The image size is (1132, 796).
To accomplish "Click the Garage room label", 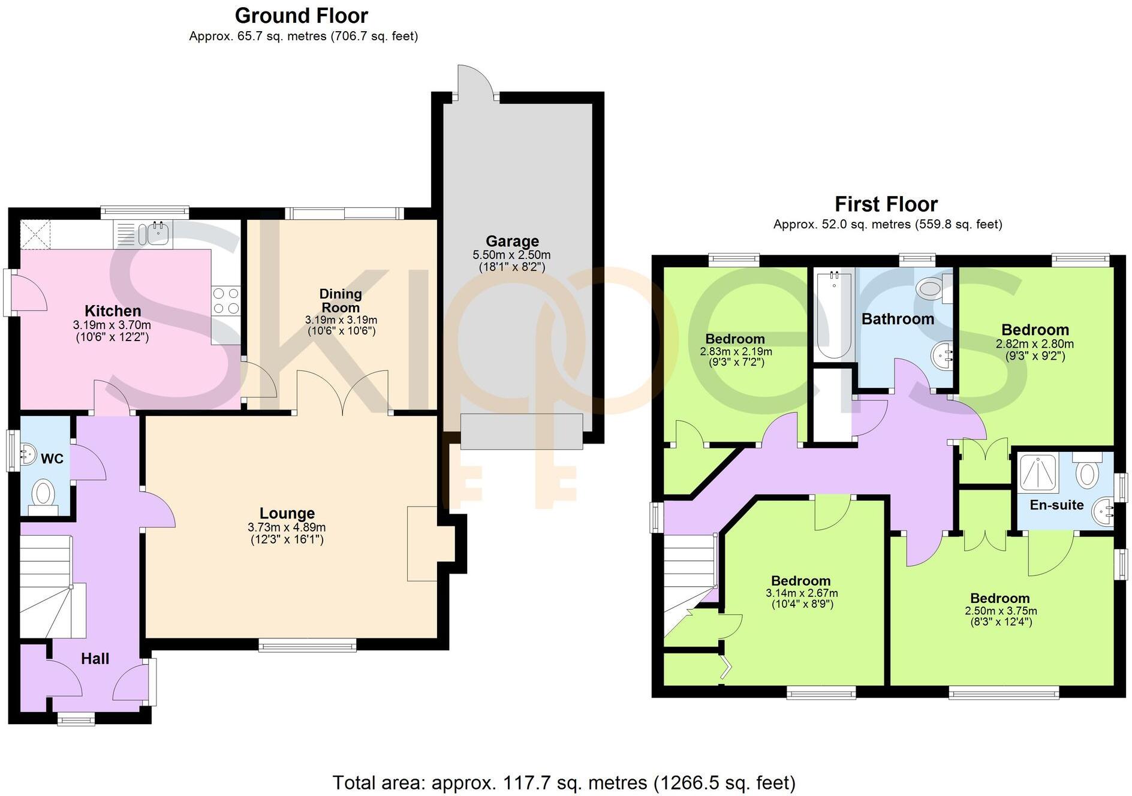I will click(512, 241).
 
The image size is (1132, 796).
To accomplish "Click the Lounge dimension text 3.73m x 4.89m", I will click(287, 527).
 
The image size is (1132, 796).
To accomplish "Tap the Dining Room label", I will click(341, 300).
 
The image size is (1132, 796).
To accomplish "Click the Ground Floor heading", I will click(302, 16).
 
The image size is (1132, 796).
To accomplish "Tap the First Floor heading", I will click(886, 204).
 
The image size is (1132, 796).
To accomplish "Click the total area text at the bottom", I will click(564, 783).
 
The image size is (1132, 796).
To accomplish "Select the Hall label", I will click(95, 659).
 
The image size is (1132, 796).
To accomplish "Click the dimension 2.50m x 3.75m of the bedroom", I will click(1001, 611).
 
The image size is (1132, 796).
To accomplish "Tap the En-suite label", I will click(1056, 505).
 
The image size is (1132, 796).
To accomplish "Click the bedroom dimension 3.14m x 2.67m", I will click(802, 593).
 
